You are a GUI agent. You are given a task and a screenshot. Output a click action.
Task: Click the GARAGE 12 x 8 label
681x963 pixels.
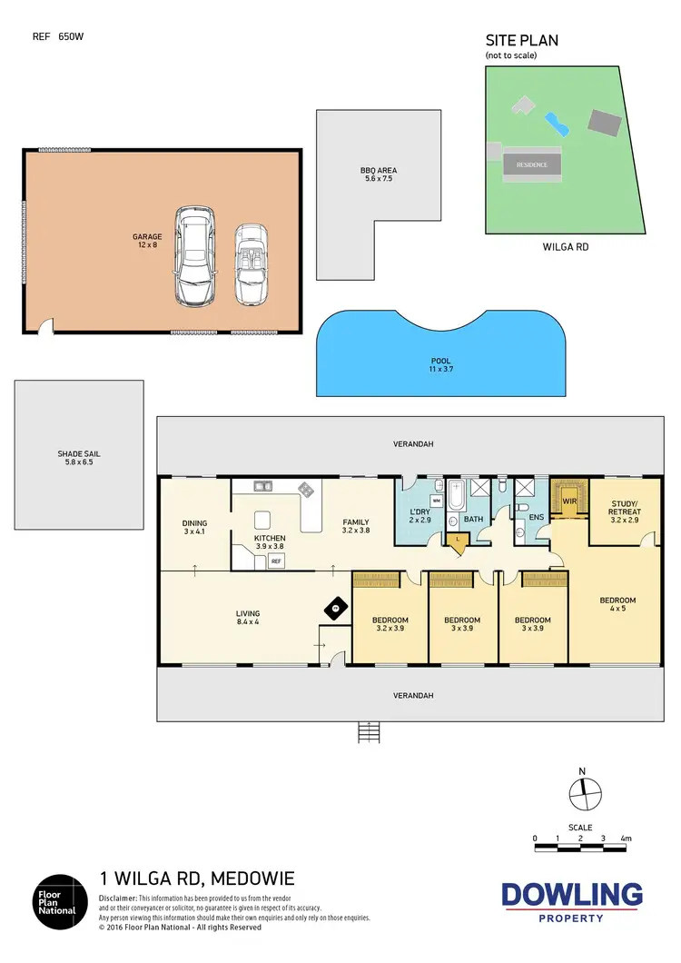pos(147,241)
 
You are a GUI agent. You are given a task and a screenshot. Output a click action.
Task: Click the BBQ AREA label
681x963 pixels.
pos(379,174)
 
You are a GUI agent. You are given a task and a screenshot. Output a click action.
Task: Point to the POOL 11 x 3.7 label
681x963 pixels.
pos(440,365)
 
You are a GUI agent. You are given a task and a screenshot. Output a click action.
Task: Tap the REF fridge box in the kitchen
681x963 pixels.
pos(276,561)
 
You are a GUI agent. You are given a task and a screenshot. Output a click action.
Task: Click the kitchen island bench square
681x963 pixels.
pos(263,520)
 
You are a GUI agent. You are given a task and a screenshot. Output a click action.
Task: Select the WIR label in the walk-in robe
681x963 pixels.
pos(570,500)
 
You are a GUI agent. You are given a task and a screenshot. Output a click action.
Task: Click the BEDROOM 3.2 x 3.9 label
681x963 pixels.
pos(389,624)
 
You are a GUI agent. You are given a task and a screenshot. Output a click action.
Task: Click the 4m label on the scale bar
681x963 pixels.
pos(627,838)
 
